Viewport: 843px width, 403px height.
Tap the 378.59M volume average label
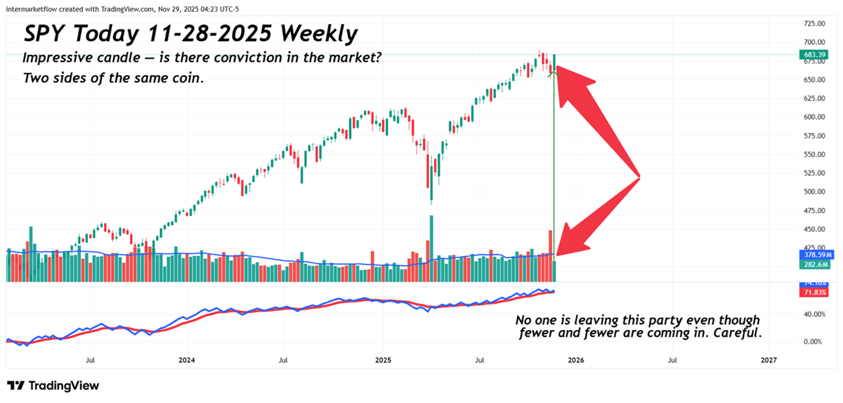[815, 255]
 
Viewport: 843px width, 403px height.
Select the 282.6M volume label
[815, 264]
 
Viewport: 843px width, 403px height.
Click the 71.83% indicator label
[815, 292]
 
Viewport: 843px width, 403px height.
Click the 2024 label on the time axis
[187, 359]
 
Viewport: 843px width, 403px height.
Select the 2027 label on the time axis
[769, 359]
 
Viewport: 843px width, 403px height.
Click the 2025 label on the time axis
[383, 359]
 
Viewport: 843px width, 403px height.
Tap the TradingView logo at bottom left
[53, 385]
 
